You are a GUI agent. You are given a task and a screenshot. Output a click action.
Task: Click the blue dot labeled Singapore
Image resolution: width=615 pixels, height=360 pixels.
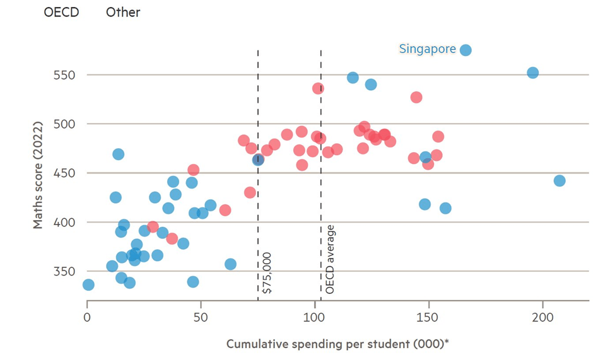[x=466, y=50]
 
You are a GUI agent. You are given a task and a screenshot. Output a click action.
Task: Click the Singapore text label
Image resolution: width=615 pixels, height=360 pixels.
[x=427, y=49]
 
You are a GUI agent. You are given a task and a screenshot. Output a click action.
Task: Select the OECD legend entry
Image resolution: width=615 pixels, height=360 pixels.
[x=61, y=13]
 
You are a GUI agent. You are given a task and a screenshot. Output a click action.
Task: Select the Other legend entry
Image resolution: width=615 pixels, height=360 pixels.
[x=123, y=13]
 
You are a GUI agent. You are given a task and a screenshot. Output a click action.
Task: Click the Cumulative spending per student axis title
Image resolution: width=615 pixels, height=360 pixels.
[x=337, y=344]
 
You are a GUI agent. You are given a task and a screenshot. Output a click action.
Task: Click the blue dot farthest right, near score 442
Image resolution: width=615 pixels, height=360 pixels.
[x=559, y=181]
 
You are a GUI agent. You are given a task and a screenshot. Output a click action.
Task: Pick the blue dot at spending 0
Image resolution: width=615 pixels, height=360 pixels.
[x=88, y=285]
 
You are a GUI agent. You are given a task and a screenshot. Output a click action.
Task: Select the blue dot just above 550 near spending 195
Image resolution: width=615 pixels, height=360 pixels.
[x=532, y=73]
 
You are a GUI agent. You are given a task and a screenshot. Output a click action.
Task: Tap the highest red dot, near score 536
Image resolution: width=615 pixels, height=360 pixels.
[x=318, y=88]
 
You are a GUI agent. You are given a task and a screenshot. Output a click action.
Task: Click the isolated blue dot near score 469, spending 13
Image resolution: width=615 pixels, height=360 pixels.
[x=118, y=154]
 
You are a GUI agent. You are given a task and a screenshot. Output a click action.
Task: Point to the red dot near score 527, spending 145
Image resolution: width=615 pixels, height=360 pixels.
[x=416, y=97]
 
